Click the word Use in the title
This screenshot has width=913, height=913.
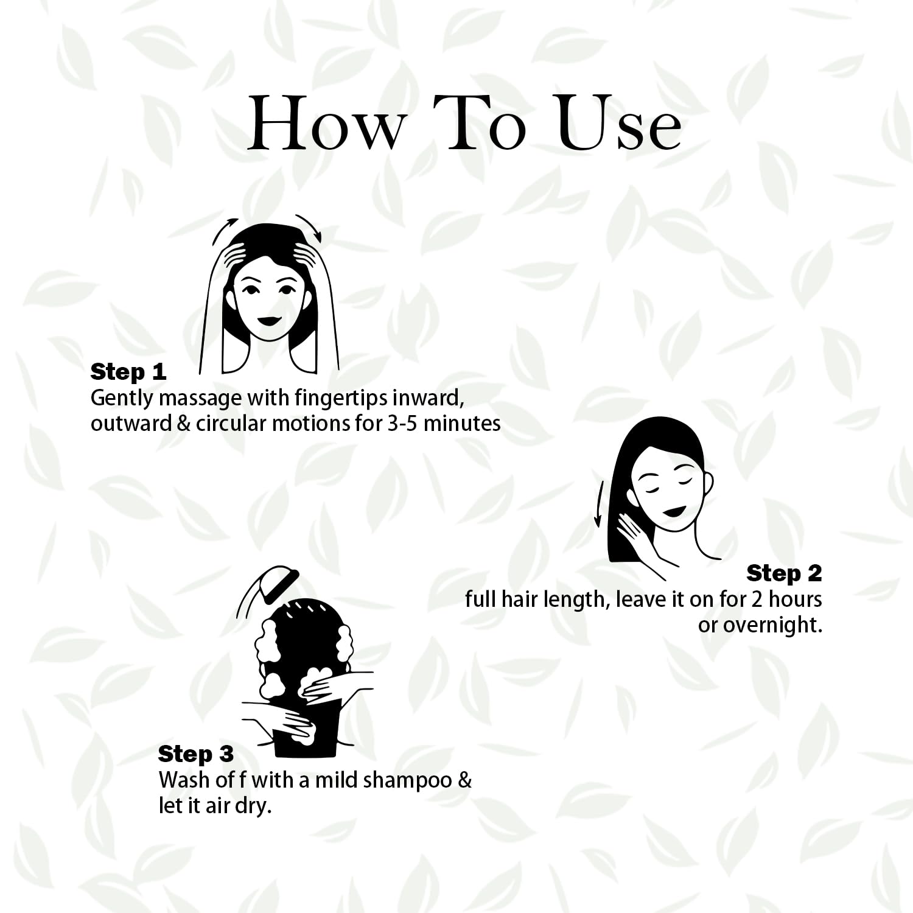(619, 124)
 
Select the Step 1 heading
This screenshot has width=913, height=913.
(128, 372)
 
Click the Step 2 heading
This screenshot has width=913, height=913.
(784, 573)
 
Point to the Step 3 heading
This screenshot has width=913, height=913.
(195, 754)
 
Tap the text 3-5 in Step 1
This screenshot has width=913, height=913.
(402, 424)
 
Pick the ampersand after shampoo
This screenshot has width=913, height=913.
(464, 780)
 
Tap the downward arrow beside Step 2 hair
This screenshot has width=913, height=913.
(598, 503)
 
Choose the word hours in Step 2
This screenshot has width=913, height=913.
(795, 600)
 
